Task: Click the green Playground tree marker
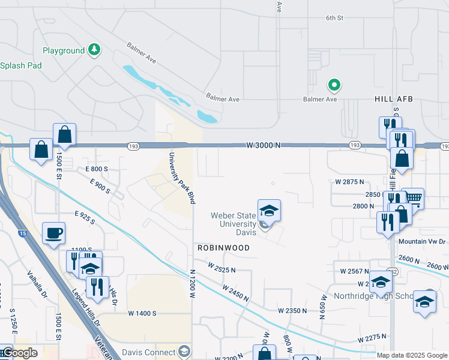pyautogui.click(x=94, y=49)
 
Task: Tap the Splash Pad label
pyautogui.click(x=20, y=65)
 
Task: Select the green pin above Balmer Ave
pyautogui.click(x=334, y=85)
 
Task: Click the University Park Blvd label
pyautogui.click(x=181, y=178)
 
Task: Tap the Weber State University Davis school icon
pyautogui.click(x=270, y=212)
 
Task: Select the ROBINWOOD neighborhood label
pyautogui.click(x=221, y=247)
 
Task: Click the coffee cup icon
pyautogui.click(x=54, y=233)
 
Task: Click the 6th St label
pyautogui.click(x=334, y=18)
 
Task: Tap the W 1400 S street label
pyautogui.click(x=142, y=313)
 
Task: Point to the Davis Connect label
pyautogui.click(x=148, y=352)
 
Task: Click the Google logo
pyautogui.click(x=19, y=353)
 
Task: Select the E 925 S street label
pyautogui.click(x=85, y=218)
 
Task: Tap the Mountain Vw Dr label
pyautogui.click(x=423, y=242)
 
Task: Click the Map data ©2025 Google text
pyautogui.click(x=411, y=355)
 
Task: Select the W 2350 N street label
pyautogui.click(x=292, y=310)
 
